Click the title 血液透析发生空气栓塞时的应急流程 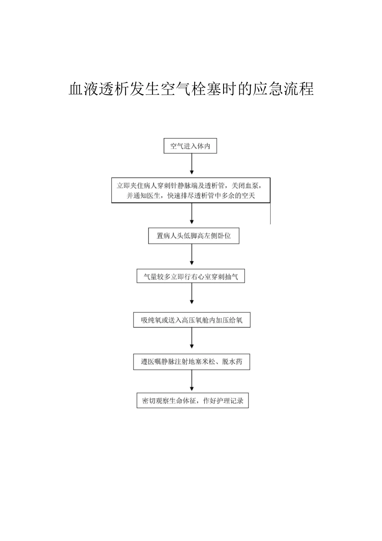(x=191, y=89)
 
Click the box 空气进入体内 (x=190, y=146)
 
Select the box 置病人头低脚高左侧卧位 (x=193, y=236)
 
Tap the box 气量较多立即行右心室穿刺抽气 (x=191, y=277)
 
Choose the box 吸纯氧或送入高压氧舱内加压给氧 (x=191, y=320)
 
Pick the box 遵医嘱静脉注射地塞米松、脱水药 (x=191, y=361)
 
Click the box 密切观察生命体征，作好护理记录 (x=193, y=401)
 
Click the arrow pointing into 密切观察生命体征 (x=192, y=380)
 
